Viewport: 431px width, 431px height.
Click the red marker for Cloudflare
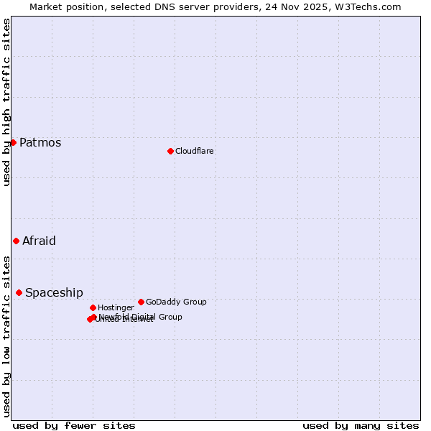coord(170,151)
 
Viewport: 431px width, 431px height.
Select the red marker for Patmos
coord(13,142)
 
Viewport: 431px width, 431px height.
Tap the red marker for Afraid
coord(16,241)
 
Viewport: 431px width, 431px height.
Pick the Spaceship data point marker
coord(19,292)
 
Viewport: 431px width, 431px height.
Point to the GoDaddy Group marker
coord(141,302)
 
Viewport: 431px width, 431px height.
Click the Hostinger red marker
coord(93,307)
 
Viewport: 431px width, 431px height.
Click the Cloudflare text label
coord(195,151)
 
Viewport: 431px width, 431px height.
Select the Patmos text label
coord(40,142)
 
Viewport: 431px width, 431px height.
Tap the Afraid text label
coord(39,241)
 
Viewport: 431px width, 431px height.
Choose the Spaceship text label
coord(54,292)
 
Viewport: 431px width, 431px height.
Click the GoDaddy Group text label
coord(176,302)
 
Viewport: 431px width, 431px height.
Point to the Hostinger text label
coord(116,307)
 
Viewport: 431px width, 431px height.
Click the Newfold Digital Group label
coord(141,316)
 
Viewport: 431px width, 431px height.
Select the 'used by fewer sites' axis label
coord(74,425)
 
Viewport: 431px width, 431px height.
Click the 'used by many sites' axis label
coord(361,425)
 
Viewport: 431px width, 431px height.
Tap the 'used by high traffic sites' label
coord(6,102)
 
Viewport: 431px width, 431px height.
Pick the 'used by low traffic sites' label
coord(6,335)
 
